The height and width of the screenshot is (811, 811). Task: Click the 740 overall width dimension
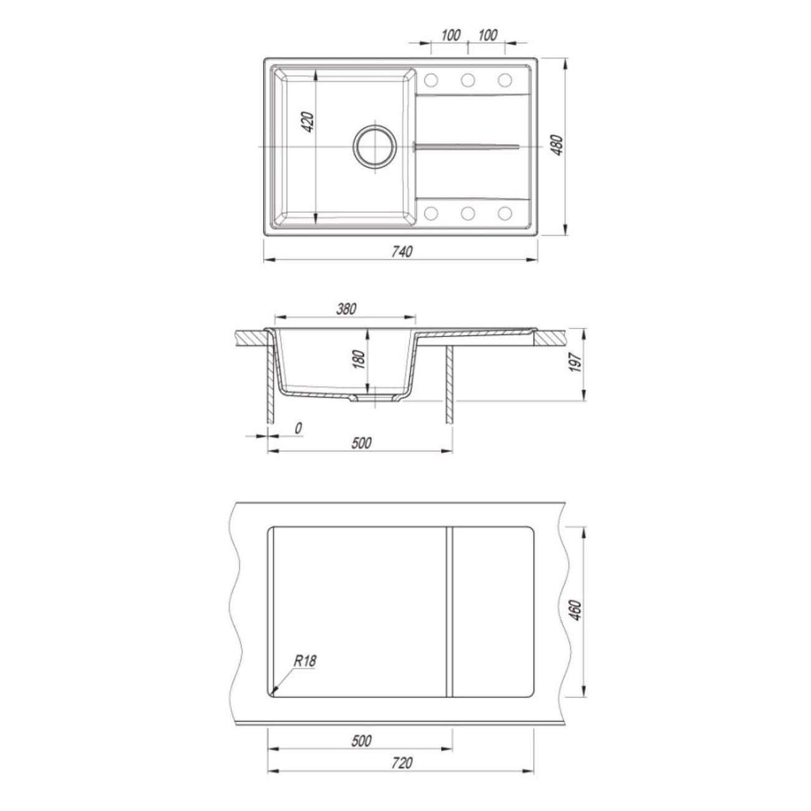click(402, 251)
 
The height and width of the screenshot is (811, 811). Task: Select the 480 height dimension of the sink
click(558, 145)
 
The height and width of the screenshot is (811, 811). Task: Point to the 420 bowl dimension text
click(308, 122)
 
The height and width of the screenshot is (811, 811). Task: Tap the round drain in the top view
click(375, 147)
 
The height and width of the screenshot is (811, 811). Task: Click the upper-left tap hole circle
click(431, 80)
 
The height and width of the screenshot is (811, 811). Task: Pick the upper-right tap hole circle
click(505, 80)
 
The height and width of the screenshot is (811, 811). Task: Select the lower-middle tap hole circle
click(468, 213)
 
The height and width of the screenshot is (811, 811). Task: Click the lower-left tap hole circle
click(431, 213)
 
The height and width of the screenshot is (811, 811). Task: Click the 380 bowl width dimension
click(346, 309)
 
